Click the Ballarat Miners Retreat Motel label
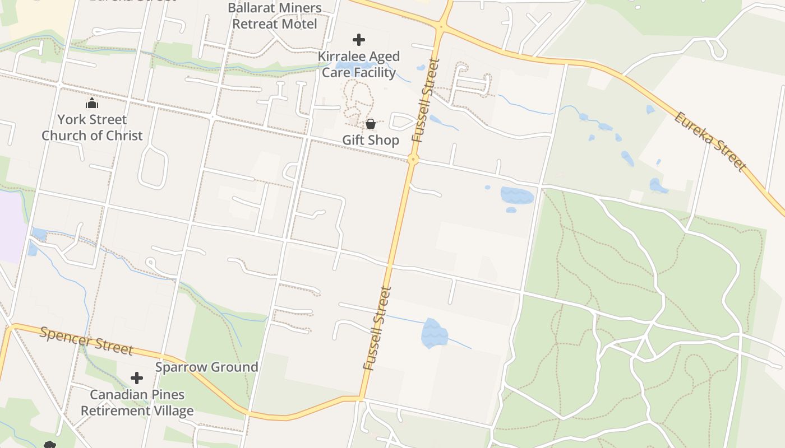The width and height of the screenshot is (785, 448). point(275,16)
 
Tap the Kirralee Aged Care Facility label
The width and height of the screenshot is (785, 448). point(359,64)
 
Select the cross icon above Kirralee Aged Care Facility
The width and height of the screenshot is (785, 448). point(359,40)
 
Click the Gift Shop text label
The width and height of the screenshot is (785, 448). point(371,140)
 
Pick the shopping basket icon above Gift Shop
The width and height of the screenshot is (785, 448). point(371,124)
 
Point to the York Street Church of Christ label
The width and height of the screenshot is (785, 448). point(92,127)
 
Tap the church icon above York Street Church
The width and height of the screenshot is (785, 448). point(92,104)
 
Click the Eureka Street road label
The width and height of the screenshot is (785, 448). point(710,142)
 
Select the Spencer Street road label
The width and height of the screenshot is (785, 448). point(86,340)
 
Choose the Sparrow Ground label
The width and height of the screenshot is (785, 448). point(206,367)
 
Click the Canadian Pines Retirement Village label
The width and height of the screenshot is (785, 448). point(137,403)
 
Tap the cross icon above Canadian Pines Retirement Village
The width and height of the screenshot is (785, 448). point(137,378)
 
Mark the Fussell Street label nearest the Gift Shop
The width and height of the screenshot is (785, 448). point(424,100)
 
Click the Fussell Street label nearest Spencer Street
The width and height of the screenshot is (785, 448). point(377,329)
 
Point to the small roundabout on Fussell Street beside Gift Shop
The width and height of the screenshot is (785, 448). point(413,160)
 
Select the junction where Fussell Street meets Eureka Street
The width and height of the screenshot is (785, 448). point(442,26)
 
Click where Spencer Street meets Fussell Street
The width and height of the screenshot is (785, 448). point(361,399)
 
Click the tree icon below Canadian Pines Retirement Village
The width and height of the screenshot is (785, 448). point(49,445)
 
